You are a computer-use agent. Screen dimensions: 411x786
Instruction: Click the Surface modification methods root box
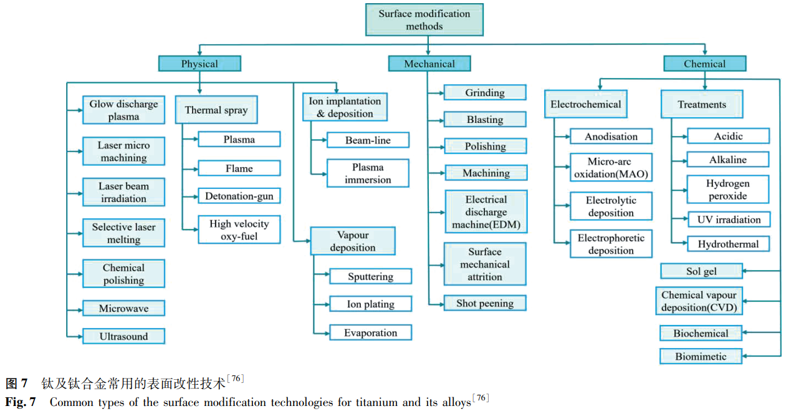point(424,19)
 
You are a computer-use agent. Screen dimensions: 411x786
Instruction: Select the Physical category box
point(199,64)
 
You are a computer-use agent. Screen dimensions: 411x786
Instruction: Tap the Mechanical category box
point(429,64)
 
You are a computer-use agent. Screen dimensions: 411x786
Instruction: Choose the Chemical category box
point(704,64)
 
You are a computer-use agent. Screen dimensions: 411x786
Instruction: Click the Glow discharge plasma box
point(123,110)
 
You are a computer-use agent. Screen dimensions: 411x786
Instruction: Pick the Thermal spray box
point(216,110)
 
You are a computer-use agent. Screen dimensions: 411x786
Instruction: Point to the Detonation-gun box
point(239,196)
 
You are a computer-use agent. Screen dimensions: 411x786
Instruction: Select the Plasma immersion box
point(368,173)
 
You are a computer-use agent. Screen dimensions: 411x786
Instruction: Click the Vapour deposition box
point(353,241)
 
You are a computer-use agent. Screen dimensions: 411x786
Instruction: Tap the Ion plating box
point(370,304)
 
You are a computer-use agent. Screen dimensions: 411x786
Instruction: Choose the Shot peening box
point(484,304)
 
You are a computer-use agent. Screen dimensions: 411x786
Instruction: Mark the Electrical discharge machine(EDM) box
point(486,212)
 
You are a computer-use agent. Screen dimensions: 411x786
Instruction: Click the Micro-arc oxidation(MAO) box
point(611,168)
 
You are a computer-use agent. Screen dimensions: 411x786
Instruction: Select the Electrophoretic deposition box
point(611,244)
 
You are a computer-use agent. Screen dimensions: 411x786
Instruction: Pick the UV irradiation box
point(729,220)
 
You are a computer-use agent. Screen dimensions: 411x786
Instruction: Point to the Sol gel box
point(701,271)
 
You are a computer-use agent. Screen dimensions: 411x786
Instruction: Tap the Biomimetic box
point(701,357)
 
